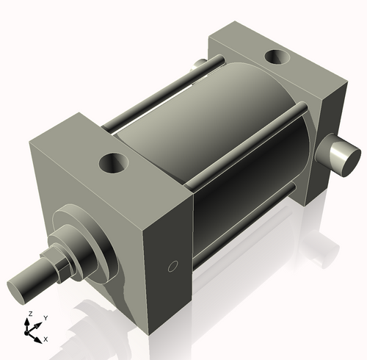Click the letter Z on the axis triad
tap(29, 314)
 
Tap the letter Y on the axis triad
tap(46, 317)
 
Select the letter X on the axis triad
tap(46, 339)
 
